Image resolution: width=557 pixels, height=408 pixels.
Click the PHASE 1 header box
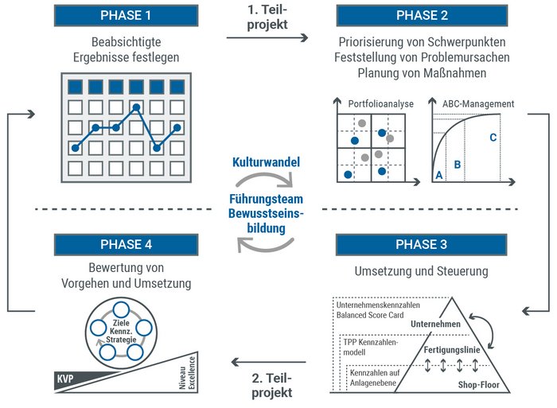click(x=125, y=15)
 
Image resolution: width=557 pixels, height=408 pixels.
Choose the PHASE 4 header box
click(x=125, y=244)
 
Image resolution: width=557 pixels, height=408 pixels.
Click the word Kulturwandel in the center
click(x=266, y=162)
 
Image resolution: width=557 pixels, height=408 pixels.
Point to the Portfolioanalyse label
click(x=381, y=104)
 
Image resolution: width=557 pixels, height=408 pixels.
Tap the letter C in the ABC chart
click(x=493, y=138)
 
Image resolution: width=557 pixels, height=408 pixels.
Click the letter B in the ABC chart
click(x=457, y=165)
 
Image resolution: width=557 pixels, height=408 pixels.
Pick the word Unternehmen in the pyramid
click(x=436, y=324)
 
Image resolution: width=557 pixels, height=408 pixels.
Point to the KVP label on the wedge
click(x=66, y=379)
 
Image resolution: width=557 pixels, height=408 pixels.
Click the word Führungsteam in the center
click(x=266, y=199)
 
